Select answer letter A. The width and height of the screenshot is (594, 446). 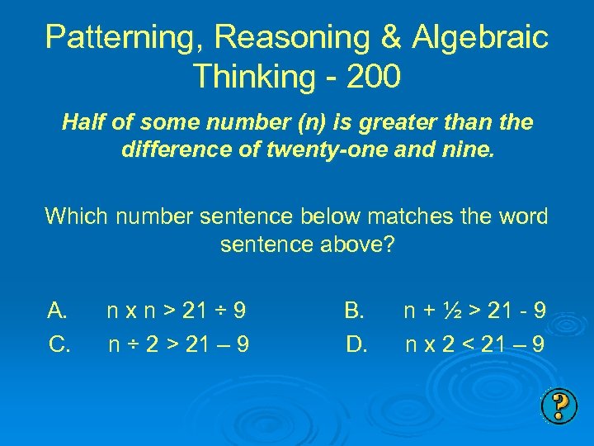(x=58, y=311)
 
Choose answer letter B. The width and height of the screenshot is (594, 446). (x=355, y=311)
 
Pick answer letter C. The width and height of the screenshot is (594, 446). (x=59, y=343)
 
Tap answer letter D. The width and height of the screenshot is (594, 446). (x=356, y=343)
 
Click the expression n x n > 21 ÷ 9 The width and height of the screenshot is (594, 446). (x=176, y=311)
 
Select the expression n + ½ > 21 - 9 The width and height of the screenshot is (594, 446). (x=474, y=311)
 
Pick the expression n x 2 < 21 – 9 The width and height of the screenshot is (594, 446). (x=474, y=343)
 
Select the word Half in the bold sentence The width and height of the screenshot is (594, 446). (x=82, y=123)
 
